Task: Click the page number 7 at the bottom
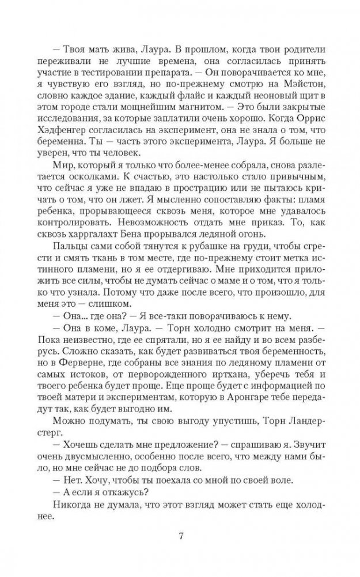[181, 537]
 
